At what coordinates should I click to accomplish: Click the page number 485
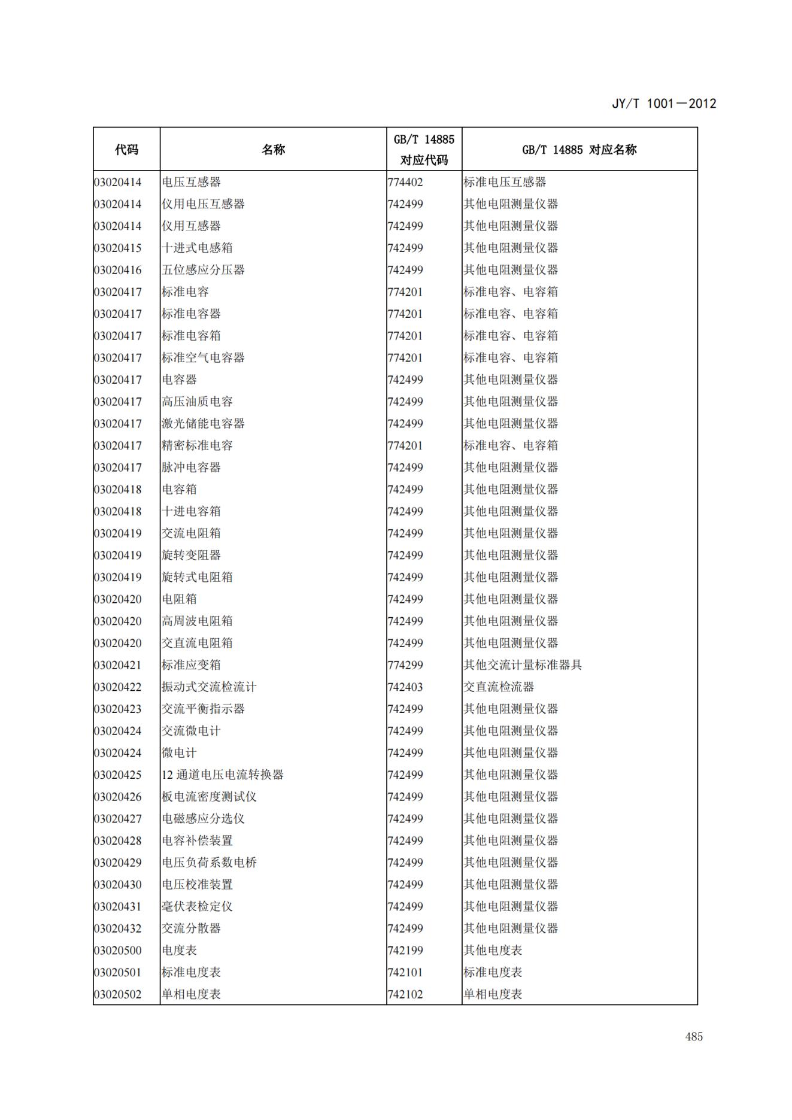[694, 1037]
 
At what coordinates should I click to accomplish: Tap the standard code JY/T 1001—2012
[664, 104]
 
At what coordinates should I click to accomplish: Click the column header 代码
[126, 150]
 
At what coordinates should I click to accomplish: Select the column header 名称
[273, 150]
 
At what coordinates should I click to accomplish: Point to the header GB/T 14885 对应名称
[579, 150]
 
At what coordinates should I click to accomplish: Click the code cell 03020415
[118, 248]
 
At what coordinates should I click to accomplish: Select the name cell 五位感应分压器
[203, 270]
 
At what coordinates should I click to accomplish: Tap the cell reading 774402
[405, 182]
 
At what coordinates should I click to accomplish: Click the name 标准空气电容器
[203, 358]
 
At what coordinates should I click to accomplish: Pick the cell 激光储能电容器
[203, 424]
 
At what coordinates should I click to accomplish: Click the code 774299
[405, 665]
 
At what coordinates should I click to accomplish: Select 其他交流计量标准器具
[523, 665]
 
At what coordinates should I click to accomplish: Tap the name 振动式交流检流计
[209, 687]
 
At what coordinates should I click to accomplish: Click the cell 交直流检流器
[499, 687]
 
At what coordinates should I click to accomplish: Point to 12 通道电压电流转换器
[222, 775]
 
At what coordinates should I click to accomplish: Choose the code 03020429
[118, 863]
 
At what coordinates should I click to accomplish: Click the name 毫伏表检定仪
[197, 906]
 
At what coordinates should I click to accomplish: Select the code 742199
[405, 951]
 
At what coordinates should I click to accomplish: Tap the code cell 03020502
[118, 994]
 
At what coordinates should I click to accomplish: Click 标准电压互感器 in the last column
[505, 182]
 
